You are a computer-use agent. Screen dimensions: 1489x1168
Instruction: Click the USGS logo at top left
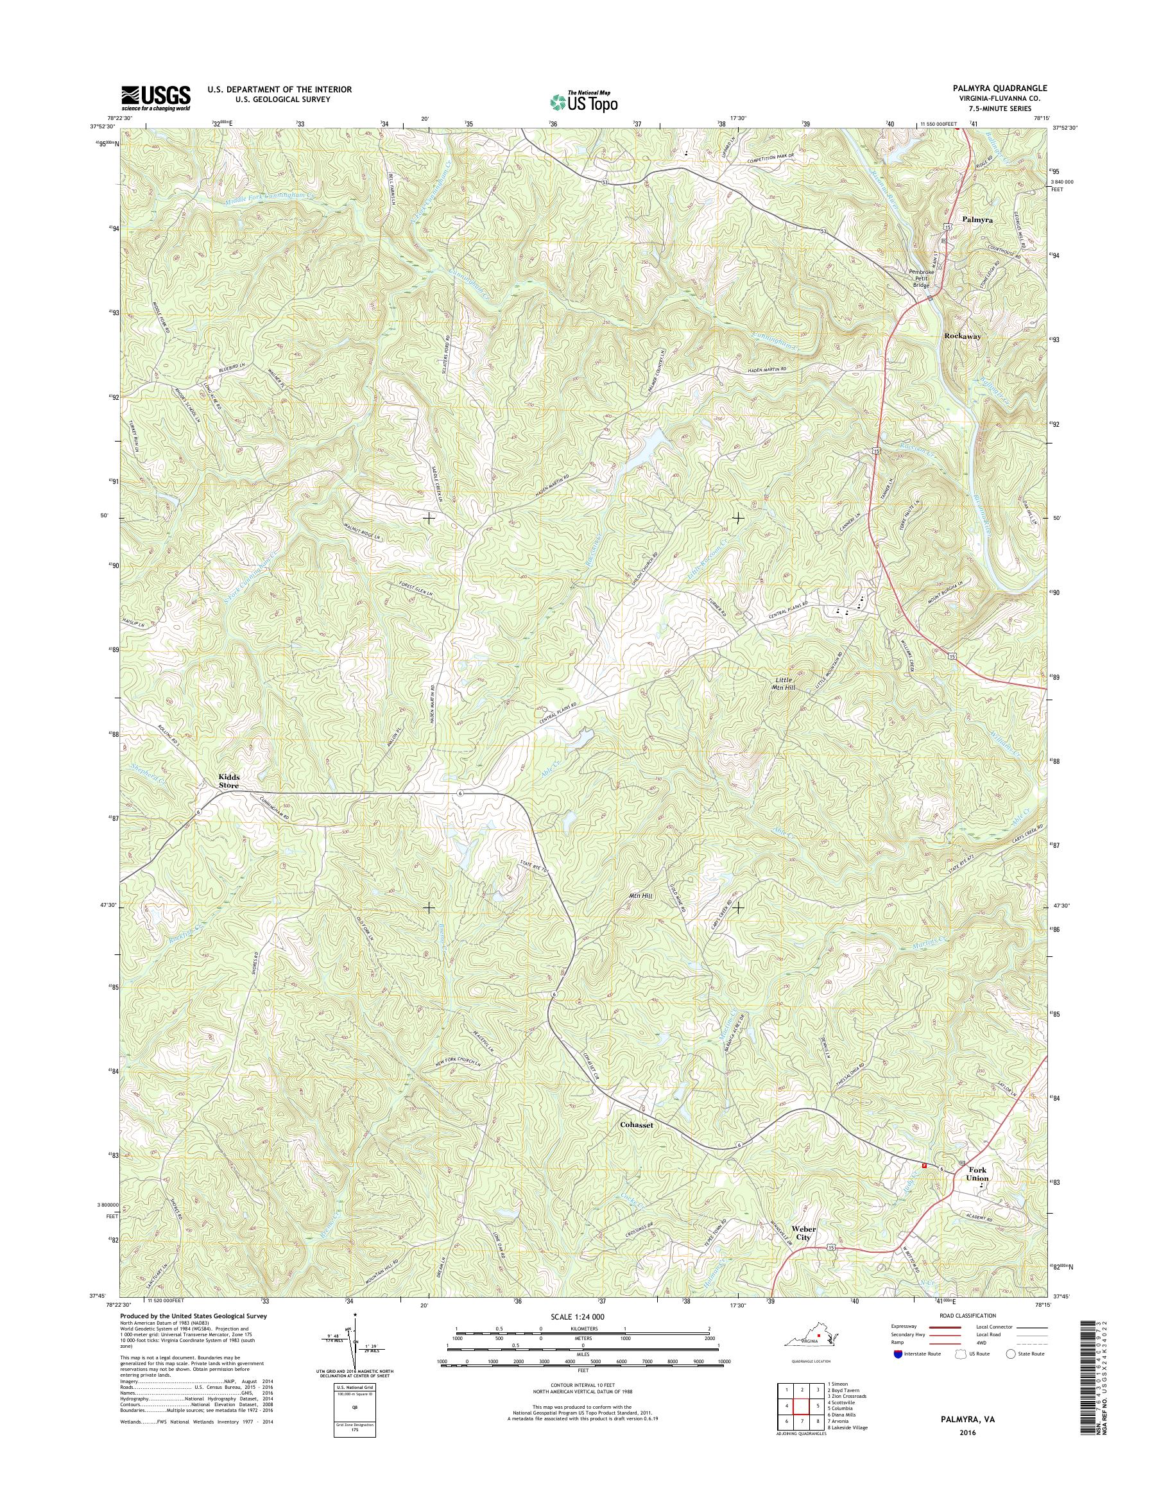[x=156, y=98]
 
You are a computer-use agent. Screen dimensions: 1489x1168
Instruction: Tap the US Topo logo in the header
[x=584, y=102]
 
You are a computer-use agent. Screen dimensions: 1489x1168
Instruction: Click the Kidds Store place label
[x=228, y=782]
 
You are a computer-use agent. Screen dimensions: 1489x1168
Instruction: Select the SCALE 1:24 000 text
[x=578, y=1316]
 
